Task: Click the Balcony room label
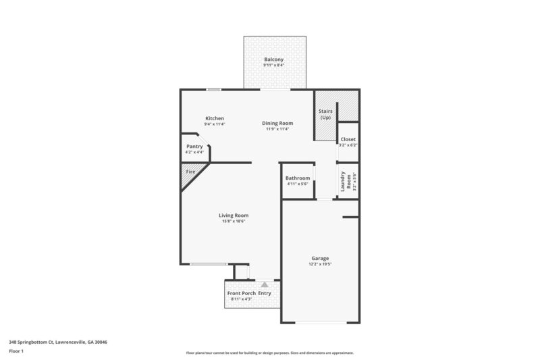[273, 59]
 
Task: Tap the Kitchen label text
[215, 118]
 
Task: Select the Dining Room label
[277, 123]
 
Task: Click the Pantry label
[194, 146]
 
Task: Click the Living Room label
[234, 215]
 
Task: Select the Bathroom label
[297, 178]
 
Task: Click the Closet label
[348, 139]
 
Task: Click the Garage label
[320, 259]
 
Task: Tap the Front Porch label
[241, 293]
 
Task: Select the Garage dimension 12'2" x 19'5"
[320, 265]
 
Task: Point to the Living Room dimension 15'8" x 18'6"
[234, 222]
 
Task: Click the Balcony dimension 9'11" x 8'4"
[273, 66]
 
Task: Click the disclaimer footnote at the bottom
[270, 353]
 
